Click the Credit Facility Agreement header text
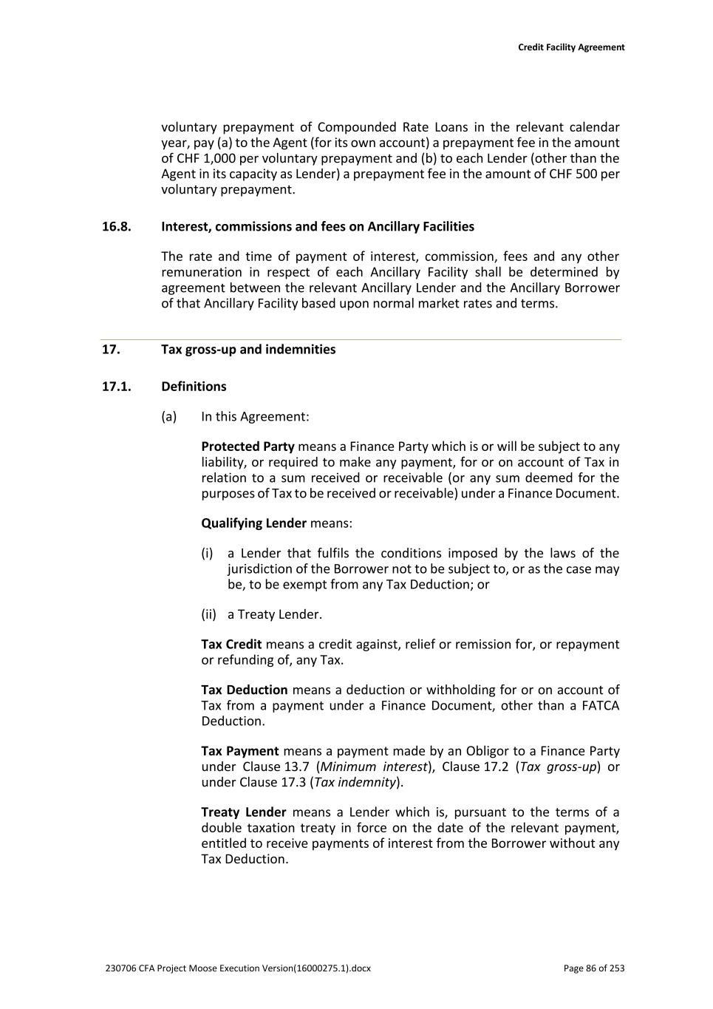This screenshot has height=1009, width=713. [570, 47]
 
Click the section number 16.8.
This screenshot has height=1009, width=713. [116, 227]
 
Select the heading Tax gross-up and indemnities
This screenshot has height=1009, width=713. [248, 350]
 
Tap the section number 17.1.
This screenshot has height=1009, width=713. [116, 387]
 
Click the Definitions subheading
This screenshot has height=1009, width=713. [194, 387]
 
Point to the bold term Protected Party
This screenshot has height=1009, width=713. [248, 446]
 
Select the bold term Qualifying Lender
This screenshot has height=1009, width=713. [253, 523]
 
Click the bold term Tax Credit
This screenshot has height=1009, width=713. [231, 645]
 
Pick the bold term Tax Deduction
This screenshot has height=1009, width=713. [244, 690]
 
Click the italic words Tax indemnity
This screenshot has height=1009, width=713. [355, 782]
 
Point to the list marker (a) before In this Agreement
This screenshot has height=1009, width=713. [169, 417]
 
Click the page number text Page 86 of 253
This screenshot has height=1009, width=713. [593, 968]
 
